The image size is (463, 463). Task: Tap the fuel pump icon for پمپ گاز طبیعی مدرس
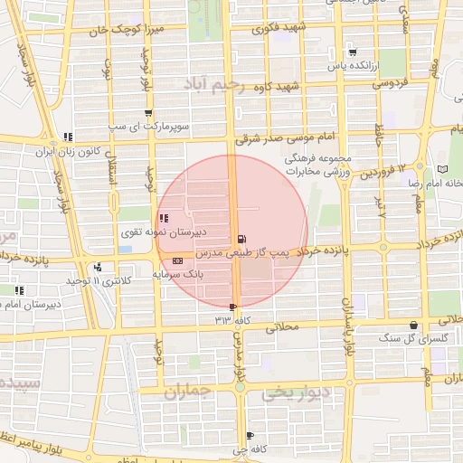240,238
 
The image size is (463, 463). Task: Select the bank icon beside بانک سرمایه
175,260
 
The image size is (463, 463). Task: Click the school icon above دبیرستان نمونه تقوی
163,217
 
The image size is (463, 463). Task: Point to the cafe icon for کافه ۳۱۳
234,307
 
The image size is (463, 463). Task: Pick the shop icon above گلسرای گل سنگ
413,326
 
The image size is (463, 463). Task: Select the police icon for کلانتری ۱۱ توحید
97,267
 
